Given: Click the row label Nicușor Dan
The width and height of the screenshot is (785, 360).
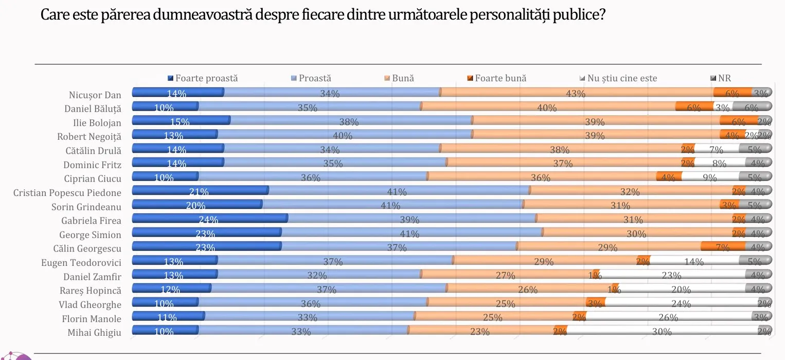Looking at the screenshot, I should coord(95,95).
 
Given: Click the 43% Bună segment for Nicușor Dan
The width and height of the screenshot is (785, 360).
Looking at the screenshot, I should coord(576,93).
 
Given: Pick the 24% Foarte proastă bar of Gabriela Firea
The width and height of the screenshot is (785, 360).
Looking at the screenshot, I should coord(209,219).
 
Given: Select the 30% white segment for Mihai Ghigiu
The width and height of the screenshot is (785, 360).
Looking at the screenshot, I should coord(662,331).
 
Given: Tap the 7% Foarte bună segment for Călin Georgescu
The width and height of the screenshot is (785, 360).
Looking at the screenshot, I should coord(722,246).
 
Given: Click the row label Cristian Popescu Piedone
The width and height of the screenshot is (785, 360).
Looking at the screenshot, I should coord(67,193).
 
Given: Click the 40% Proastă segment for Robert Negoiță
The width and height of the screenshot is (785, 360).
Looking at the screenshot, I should coord(344,135).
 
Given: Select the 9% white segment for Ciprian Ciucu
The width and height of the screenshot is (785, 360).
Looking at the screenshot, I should coord(710,177).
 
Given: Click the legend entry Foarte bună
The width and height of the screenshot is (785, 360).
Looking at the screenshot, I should coord(500,79).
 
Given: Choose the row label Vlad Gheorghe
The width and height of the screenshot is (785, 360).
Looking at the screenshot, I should coord(91,304).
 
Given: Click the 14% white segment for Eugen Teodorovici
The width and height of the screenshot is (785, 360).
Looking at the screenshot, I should coord(694,261).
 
